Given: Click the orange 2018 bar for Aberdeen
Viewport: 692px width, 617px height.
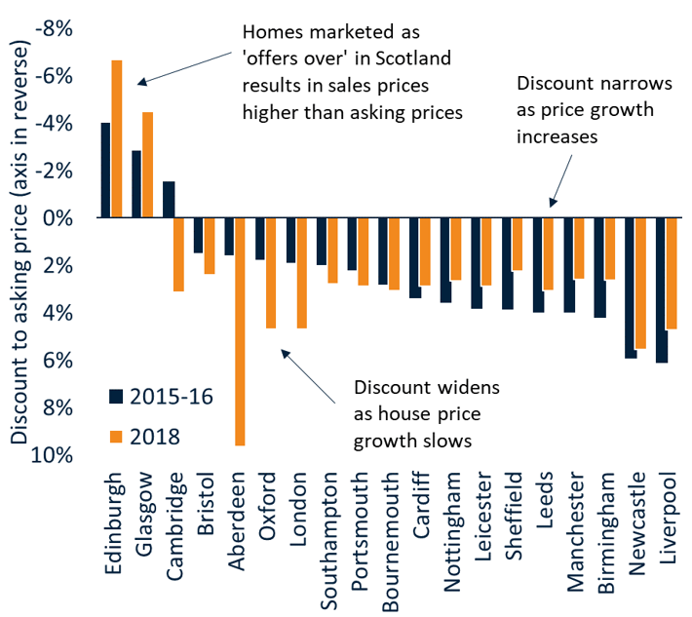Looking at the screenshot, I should [240, 331].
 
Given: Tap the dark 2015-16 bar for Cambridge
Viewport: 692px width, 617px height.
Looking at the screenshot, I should [168, 200].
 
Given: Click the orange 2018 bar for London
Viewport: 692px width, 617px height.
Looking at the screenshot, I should [301, 273].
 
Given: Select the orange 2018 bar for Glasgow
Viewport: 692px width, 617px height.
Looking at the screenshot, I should [147, 165].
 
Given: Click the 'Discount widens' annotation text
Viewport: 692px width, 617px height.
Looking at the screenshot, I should [426, 387].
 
